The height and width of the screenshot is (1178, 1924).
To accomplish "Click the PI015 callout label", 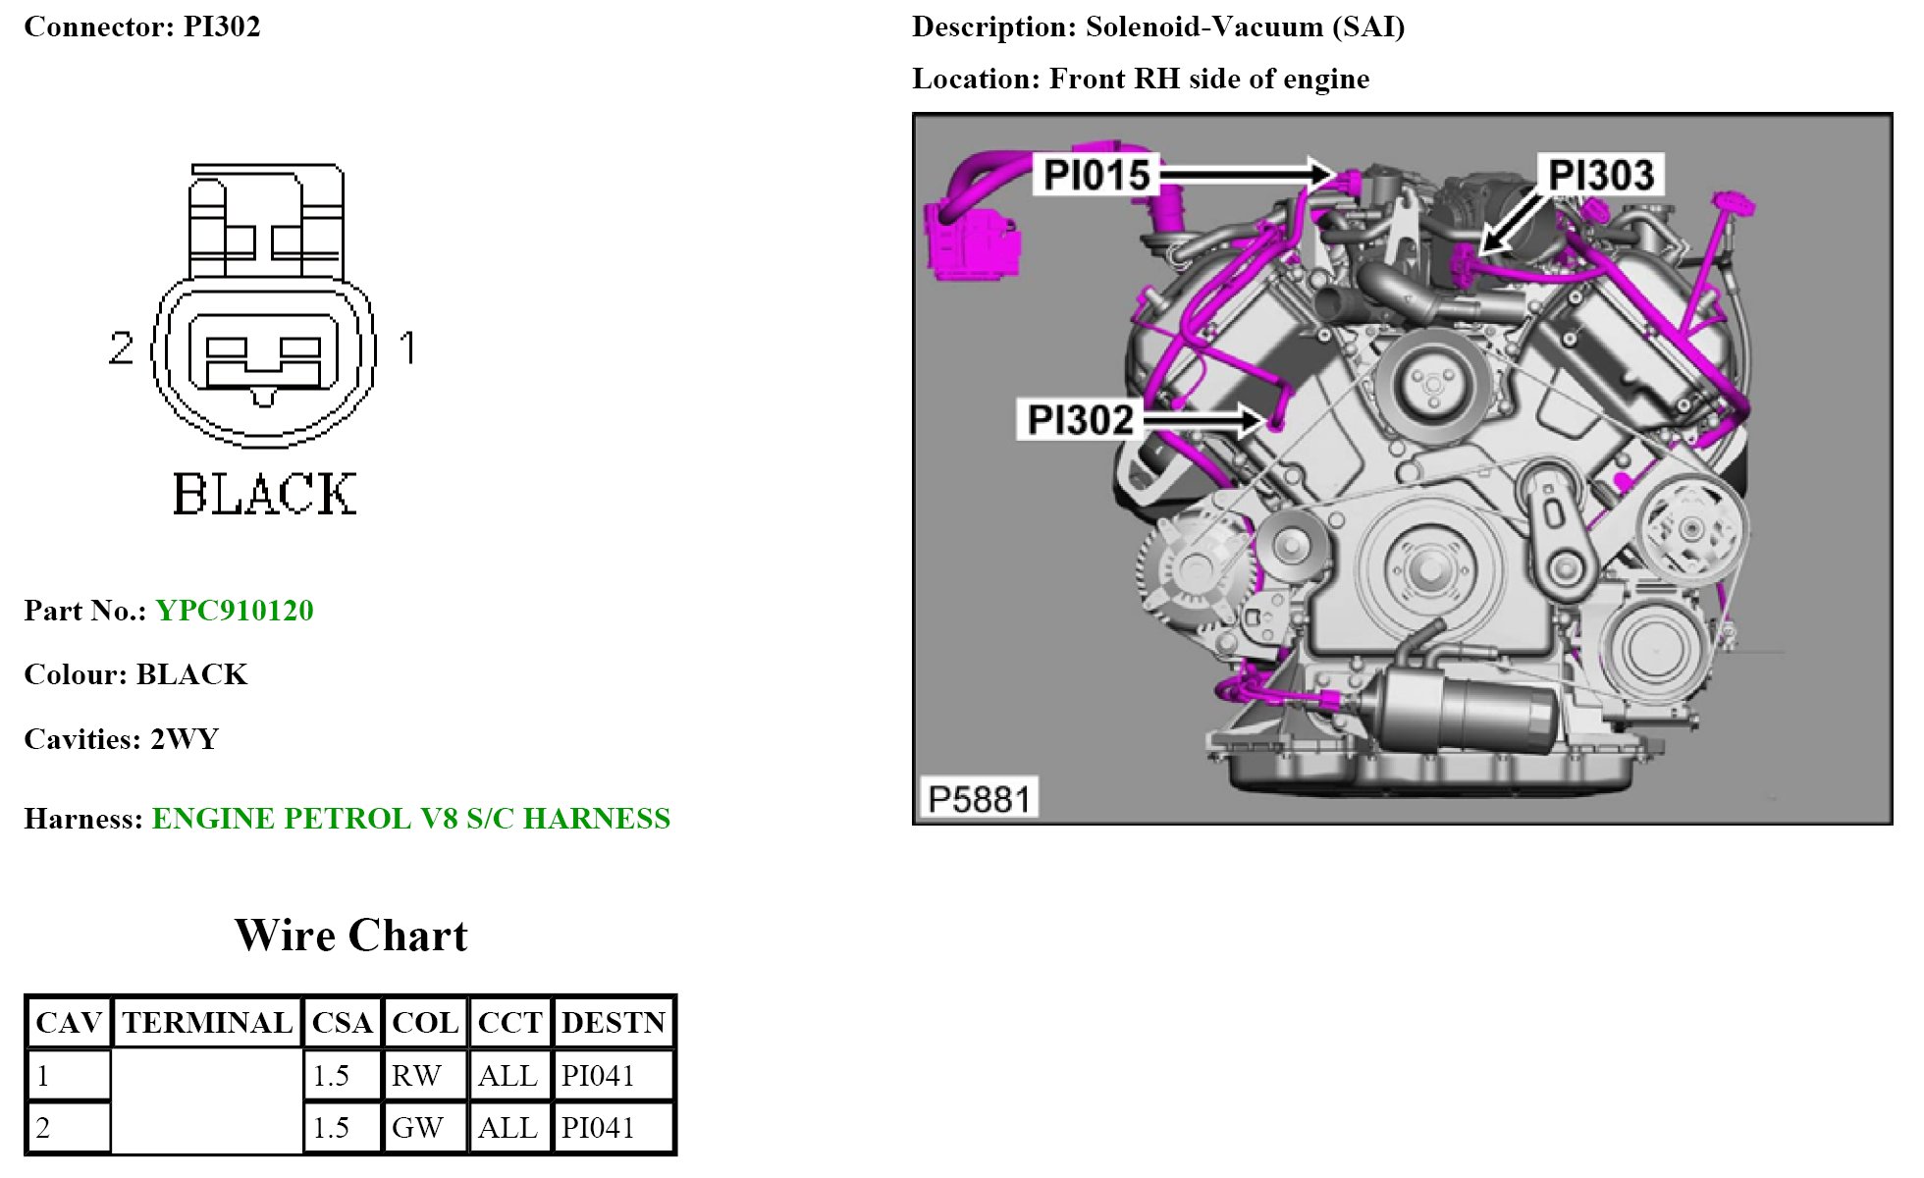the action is click(x=1096, y=175).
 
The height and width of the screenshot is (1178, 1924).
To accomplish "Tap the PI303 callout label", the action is click(x=1601, y=176).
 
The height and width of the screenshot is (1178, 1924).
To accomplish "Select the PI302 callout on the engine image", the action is click(x=1080, y=420).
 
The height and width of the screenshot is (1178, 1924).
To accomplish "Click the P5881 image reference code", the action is click(x=979, y=799).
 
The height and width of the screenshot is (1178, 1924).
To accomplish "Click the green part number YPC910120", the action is click(x=235, y=611).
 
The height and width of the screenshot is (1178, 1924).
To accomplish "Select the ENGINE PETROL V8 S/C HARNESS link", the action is click(x=411, y=819).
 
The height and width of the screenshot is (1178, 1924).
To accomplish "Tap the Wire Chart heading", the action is click(x=351, y=936).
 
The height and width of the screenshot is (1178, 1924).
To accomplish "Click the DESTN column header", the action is click(x=614, y=1023).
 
